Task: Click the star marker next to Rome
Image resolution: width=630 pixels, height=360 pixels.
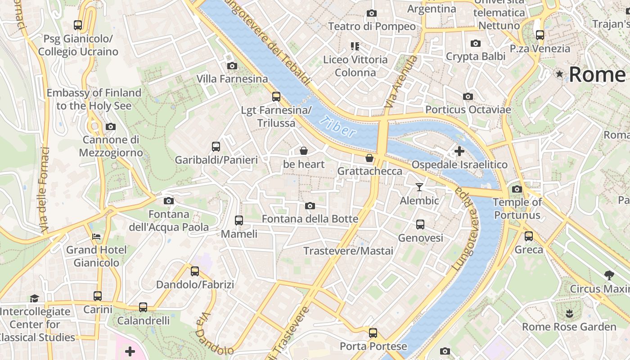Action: coord(559,74)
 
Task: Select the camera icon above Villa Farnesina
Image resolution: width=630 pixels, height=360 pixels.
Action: coord(232,66)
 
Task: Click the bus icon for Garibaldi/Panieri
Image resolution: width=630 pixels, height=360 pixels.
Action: coord(216,147)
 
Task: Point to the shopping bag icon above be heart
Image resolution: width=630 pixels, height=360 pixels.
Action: coord(304,151)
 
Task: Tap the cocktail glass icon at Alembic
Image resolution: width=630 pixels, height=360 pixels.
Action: coord(419,187)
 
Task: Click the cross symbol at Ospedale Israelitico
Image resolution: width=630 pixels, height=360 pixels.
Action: coord(459,151)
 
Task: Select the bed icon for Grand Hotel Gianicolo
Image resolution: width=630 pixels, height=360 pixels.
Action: coord(96,237)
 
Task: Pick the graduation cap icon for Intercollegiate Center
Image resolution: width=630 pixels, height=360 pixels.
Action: coord(34,298)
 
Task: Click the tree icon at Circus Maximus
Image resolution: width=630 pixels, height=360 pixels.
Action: coord(609,275)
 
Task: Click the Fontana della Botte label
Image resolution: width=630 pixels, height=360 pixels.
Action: coord(310,219)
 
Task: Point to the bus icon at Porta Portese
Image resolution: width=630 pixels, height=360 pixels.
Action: coord(373,333)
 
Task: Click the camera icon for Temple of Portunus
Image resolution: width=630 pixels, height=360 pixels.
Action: coord(517,189)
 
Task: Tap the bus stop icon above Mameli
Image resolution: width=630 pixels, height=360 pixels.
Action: coord(239,220)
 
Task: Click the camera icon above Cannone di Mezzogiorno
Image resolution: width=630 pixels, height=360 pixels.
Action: coord(111,127)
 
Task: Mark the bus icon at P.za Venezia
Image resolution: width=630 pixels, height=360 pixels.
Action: coord(540,35)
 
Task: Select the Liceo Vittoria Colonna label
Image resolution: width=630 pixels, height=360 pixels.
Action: coord(355,66)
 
